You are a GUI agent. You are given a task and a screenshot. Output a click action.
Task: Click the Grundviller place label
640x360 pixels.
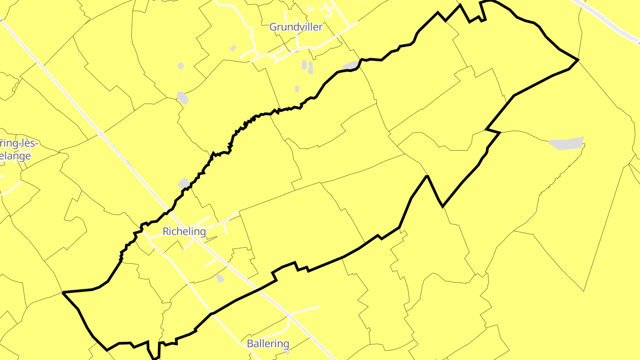(296, 27)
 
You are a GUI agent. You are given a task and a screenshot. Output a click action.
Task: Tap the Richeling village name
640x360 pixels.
(184, 232)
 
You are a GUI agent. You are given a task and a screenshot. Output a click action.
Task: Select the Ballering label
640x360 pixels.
(268, 344)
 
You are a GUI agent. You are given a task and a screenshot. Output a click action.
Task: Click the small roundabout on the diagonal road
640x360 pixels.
(101, 133)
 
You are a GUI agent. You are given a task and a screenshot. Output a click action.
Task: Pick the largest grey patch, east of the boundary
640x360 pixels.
(566, 144)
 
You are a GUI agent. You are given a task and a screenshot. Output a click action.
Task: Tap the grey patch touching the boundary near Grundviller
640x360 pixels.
(351, 65)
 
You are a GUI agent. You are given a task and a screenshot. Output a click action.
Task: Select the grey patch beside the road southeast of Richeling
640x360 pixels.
(220, 278)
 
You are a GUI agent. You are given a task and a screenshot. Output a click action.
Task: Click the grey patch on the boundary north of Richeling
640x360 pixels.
(183, 183)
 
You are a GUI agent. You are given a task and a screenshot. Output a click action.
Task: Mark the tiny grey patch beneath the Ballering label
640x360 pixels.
(287, 352)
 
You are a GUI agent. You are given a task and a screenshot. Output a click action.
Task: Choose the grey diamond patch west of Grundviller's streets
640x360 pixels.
(233, 48)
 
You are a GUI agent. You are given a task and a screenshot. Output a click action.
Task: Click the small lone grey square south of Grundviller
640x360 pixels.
(297, 89)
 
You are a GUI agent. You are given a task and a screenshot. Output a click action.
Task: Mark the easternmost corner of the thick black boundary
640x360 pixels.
(578, 60)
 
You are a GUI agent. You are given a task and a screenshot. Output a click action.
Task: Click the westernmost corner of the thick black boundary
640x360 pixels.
(63, 292)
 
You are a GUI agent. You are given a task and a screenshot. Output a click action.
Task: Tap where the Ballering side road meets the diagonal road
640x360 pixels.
(289, 315)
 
